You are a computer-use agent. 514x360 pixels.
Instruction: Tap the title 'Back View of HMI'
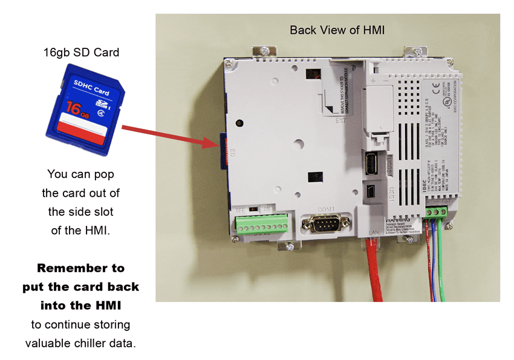pyautogui.click(x=337, y=30)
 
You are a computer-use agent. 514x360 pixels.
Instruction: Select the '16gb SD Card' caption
pyautogui.click(x=81, y=53)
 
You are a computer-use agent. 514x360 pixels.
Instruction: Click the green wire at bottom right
pyautogui.click(x=445, y=260)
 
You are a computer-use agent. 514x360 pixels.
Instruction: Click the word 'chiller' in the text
pyautogui.click(x=96, y=343)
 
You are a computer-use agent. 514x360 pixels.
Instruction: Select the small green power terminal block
pyautogui.click(x=435, y=211)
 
